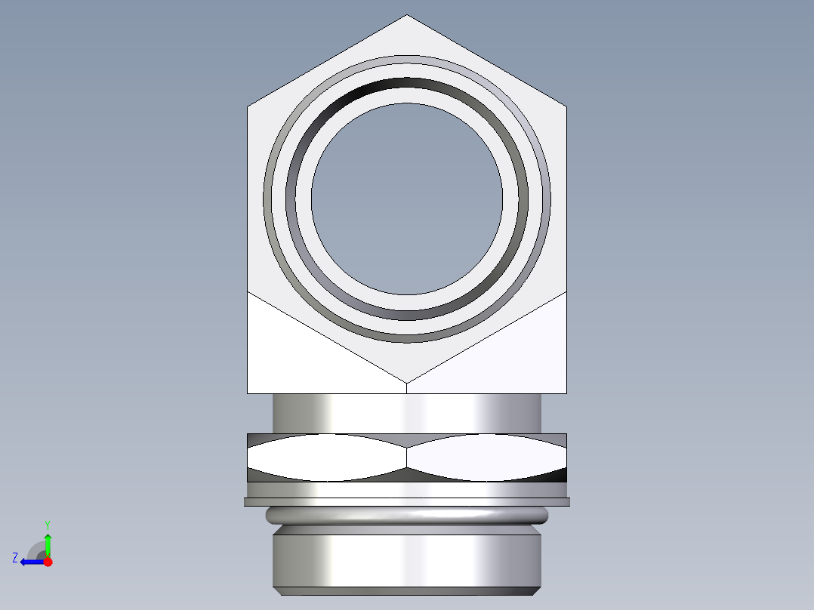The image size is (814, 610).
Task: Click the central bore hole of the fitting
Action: [x=407, y=199]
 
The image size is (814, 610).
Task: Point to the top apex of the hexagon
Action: [x=407, y=16]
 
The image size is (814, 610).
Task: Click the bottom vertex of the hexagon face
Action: [x=407, y=381]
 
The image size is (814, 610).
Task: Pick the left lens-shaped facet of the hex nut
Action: [x=325, y=457]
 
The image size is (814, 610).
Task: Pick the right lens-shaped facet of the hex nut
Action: [x=487, y=457]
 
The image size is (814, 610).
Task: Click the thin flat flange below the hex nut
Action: [x=407, y=501]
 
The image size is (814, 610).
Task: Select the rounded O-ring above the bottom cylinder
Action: [x=407, y=516]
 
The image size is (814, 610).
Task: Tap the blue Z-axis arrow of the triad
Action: [x=30, y=562]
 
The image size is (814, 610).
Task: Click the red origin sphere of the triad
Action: [x=48, y=562]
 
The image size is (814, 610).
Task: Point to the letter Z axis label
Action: [x=15, y=558]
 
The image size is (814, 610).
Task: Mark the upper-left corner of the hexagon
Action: [x=248, y=106]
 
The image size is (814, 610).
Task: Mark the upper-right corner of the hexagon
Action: [x=566, y=106]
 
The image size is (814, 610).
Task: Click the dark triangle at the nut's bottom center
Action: [x=407, y=475]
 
